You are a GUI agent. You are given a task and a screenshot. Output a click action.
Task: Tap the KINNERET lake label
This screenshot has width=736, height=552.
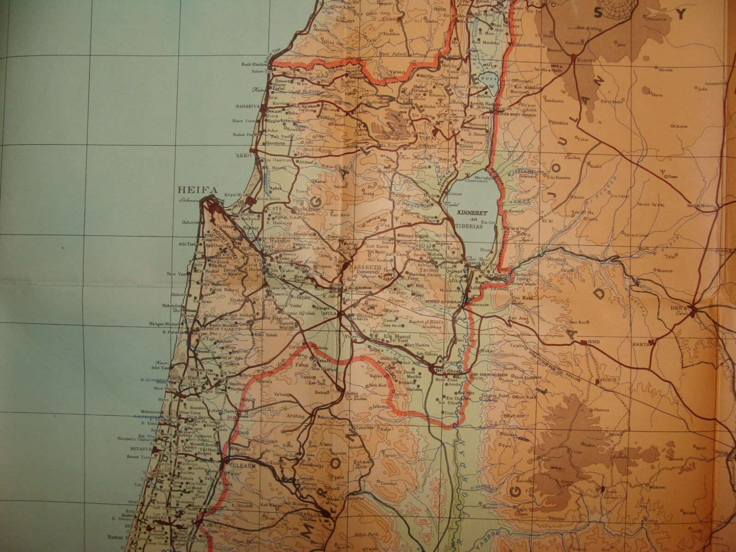click(x=469, y=213)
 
